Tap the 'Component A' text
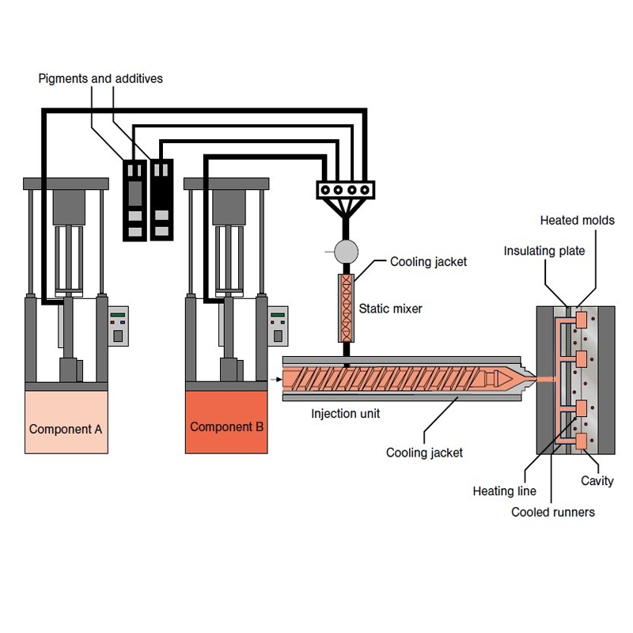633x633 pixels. pos(66,430)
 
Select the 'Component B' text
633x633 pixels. pos(226,426)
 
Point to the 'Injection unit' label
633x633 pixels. pos(345,413)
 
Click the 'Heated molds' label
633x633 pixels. pos(577,220)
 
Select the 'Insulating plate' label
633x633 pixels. pos(544,251)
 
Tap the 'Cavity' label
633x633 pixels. pos(597,480)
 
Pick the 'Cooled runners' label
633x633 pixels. pos(552,512)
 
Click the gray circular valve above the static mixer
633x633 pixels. pos(346,252)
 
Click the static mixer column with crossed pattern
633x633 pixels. pos(346,308)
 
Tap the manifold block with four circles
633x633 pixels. pos(345,190)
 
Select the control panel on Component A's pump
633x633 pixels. pos(118,325)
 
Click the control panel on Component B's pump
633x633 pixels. pos(277,325)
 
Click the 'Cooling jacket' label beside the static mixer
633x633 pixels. pos(428,262)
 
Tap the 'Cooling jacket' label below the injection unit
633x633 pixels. pos(424,453)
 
